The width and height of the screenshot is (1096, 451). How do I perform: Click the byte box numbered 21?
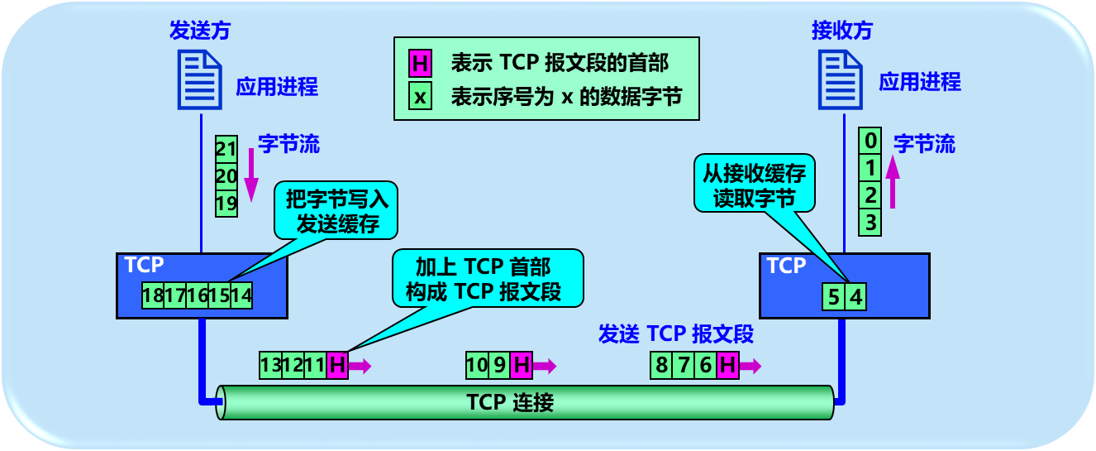point(226,149)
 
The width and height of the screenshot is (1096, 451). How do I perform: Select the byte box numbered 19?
point(226,204)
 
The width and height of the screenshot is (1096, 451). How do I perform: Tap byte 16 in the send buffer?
point(197,295)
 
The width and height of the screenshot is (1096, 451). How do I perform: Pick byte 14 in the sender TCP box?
point(241,295)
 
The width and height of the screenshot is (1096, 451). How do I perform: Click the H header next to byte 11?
point(336,365)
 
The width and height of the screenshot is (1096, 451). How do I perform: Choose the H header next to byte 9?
point(521,365)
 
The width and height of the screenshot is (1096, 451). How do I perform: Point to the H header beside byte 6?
point(727,365)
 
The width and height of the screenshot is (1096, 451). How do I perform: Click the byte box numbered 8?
point(661,365)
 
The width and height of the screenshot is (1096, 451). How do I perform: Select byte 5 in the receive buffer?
point(833,296)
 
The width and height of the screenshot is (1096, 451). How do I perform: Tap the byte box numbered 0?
point(870,141)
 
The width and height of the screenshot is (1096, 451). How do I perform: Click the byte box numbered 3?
point(870,223)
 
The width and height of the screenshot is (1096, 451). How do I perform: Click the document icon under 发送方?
point(199,79)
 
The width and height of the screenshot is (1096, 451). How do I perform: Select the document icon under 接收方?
point(841,79)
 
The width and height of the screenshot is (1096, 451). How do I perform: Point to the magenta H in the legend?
point(420,63)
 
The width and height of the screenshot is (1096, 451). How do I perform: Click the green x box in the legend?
point(420,96)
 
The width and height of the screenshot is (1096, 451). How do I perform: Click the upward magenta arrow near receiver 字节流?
point(892,182)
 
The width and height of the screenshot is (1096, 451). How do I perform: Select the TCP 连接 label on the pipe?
point(509,403)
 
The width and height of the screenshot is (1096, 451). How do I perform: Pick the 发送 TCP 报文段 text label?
point(675,333)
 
